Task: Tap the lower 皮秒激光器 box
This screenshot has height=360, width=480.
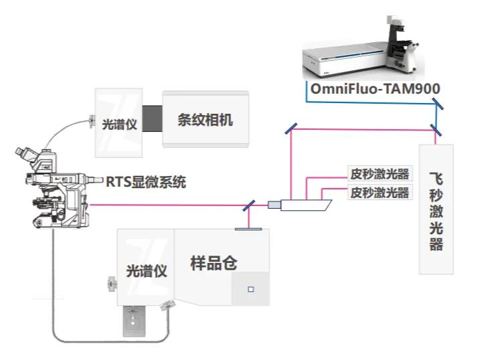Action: (x=380, y=193)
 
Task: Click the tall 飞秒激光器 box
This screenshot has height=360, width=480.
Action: (x=436, y=208)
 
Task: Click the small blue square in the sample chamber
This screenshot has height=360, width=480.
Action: (x=251, y=289)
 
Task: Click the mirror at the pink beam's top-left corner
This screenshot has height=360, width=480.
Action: (x=291, y=129)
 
